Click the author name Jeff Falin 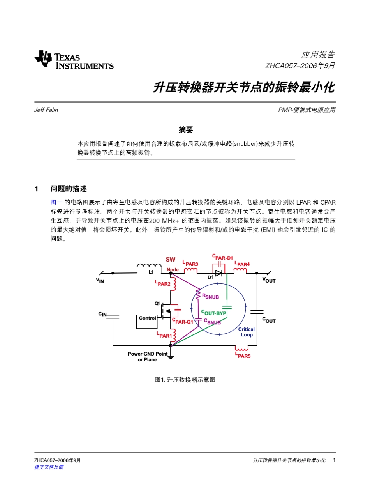coord(46,110)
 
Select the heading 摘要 coord(186,130)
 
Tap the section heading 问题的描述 coord(68,189)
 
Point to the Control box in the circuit coord(148,318)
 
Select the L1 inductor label coord(151,272)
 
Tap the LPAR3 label coord(190,264)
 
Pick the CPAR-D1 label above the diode coord(222,257)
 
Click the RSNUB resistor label coord(210,297)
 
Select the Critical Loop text coord(247,332)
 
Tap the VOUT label coord(269,280)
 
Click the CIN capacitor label coord(102,314)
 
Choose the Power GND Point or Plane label coord(148,357)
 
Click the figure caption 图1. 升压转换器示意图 coord(185,380)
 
